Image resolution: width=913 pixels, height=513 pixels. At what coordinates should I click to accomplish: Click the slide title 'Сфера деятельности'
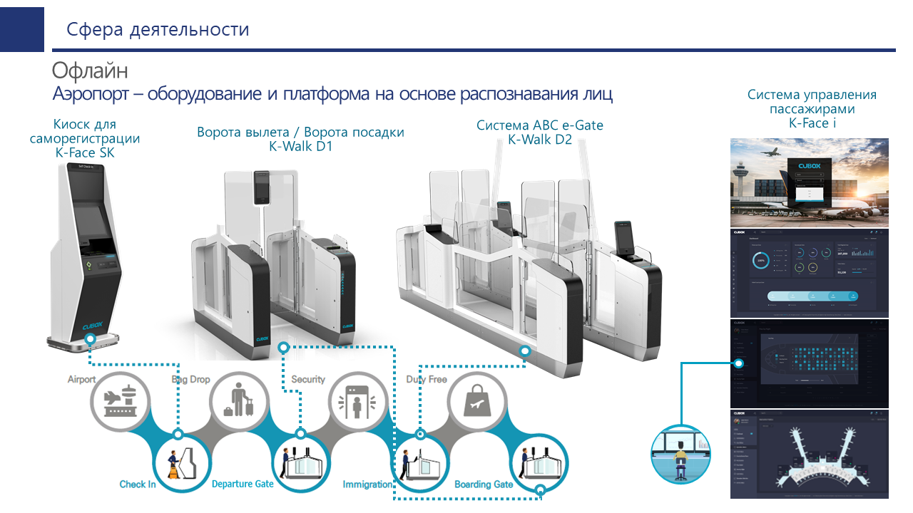coord(158,30)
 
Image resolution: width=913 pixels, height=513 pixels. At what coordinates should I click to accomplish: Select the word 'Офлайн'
coord(90,71)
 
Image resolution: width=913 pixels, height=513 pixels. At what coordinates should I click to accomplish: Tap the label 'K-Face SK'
coord(85,152)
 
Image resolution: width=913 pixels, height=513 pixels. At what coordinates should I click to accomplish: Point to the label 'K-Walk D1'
coord(300,147)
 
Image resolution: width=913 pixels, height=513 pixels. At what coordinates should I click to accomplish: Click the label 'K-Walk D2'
coord(540,140)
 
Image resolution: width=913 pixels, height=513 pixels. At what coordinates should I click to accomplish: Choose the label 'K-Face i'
coord(812,123)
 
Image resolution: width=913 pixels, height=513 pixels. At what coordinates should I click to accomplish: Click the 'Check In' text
coord(138,484)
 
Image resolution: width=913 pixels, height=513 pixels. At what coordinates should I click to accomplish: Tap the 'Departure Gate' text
coord(243,484)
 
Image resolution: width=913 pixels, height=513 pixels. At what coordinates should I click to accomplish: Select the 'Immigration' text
coord(367,484)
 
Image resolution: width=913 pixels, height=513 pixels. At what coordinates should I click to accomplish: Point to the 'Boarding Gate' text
coord(484,484)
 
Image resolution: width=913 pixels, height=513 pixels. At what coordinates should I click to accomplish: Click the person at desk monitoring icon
coord(681,454)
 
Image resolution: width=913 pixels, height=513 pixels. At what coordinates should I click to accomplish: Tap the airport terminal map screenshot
coord(809,454)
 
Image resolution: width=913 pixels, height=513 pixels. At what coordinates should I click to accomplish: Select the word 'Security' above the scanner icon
coord(307,380)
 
